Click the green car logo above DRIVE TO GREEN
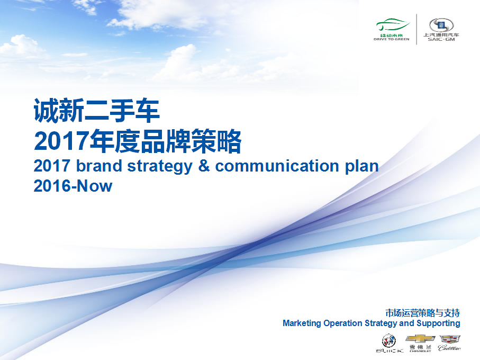click(393, 25)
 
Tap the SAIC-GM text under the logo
click(441, 39)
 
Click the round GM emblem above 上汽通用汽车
click(441, 25)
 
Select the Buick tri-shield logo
click(389, 341)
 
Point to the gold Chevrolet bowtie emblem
click(420, 339)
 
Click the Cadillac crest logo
click(450, 339)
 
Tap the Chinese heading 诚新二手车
click(97, 111)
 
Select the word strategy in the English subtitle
click(160, 167)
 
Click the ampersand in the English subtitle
click(204, 166)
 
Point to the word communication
click(277, 166)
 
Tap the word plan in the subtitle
click(362, 167)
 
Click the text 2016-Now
click(73, 186)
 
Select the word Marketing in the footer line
click(302, 323)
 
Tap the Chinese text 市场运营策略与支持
click(423, 313)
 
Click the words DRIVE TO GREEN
click(392, 39)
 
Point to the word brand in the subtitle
click(99, 166)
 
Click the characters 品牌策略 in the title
click(191, 141)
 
